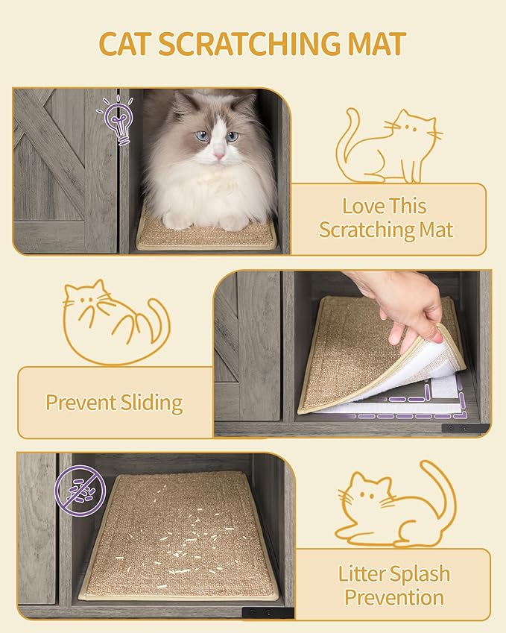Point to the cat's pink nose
coord(219,155)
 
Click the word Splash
coord(422,574)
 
